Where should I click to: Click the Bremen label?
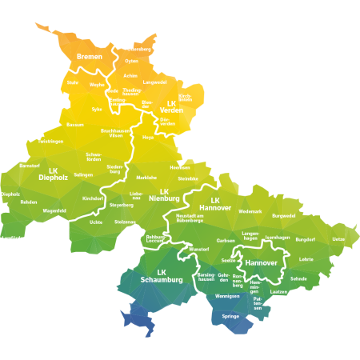pos(90,57)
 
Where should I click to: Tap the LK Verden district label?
pos(170,106)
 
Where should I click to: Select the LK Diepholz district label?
pos(53,174)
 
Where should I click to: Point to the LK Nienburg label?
pos(164,195)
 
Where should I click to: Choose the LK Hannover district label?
pos(214,204)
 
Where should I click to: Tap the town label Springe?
pos(230,316)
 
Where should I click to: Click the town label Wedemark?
pos(250,211)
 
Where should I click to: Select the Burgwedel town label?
pos(283,215)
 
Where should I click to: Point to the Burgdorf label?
pos(305,239)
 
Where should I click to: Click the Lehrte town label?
pos(306,258)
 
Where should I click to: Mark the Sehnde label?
pos(298,278)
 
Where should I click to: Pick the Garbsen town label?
pos(226,240)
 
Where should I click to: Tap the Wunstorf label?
pos(198,249)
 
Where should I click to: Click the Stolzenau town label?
pos(125,222)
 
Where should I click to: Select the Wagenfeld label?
pos(54,210)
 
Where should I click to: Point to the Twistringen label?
pos(50,141)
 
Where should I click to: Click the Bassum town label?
pos(74,125)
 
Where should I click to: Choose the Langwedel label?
pos(154,82)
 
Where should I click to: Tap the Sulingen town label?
pos(83,174)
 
